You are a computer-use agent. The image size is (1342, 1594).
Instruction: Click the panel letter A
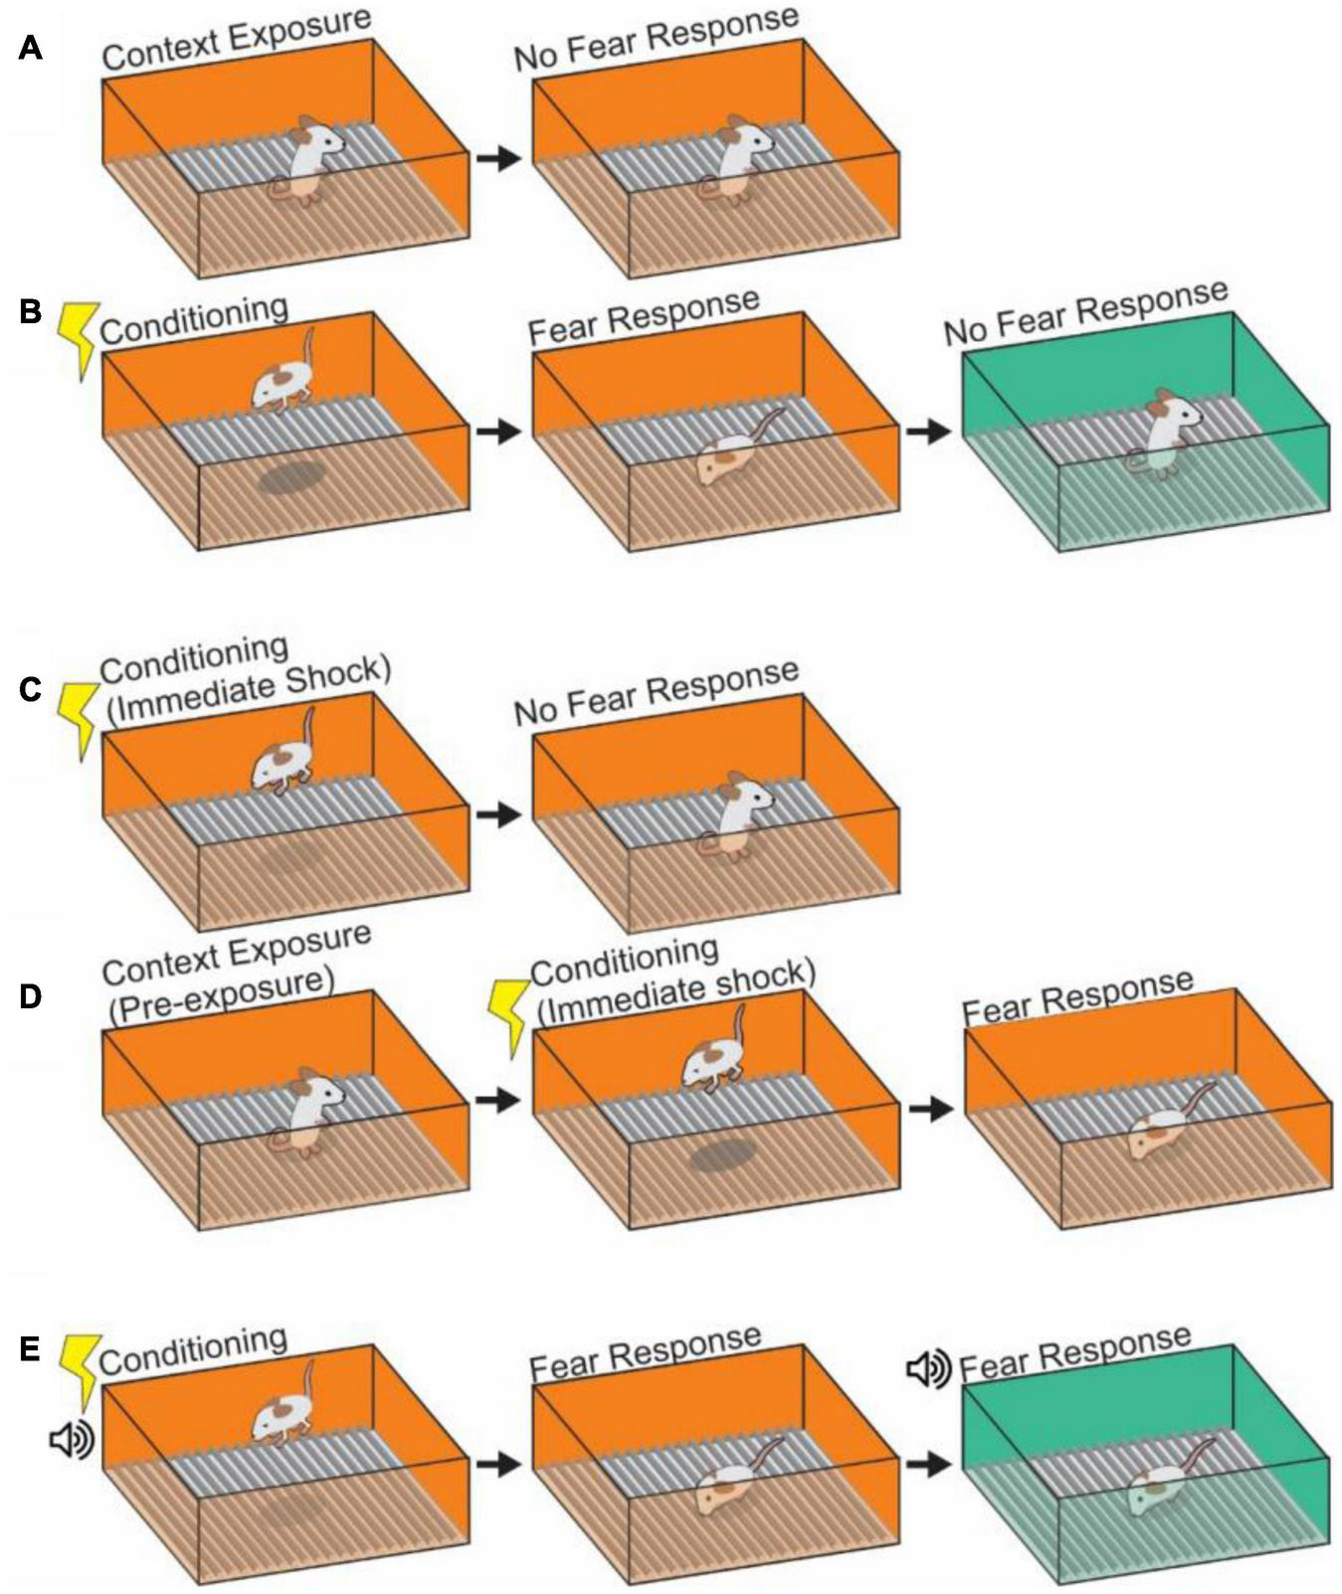point(31,47)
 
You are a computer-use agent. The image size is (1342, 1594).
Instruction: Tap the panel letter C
point(31,689)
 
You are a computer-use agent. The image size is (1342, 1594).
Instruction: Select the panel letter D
point(31,996)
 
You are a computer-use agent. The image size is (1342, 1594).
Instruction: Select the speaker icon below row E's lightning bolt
point(71,1439)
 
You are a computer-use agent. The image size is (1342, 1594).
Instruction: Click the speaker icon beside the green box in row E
point(928,1369)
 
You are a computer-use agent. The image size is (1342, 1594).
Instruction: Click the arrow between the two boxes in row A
point(498,157)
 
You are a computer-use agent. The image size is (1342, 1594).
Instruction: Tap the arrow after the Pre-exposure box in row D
point(498,1100)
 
